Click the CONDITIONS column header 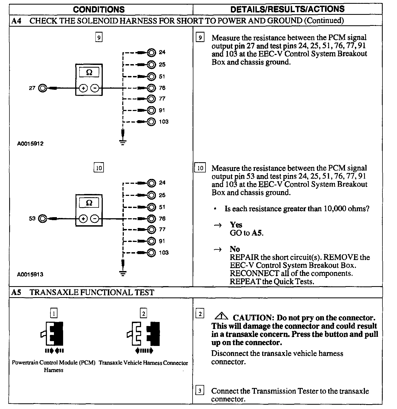(99, 9)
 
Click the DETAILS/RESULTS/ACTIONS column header (287, 9)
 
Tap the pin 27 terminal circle (42, 88)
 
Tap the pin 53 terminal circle (42, 219)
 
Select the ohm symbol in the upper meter (89, 72)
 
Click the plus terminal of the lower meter (83, 219)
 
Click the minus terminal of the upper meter (94, 88)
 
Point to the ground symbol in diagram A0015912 (123, 142)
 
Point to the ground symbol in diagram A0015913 (123, 273)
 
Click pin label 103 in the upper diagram (163, 122)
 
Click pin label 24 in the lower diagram (162, 183)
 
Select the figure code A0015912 (30, 144)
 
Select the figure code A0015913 (30, 275)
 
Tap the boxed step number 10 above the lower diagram (99, 168)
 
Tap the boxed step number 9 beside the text (200, 37)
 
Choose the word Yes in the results (236, 225)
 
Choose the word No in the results (235, 249)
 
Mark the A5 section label (16, 292)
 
